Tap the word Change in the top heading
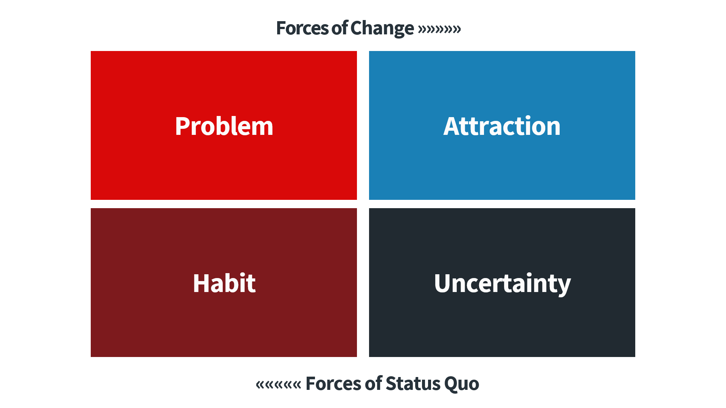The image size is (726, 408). [382, 29]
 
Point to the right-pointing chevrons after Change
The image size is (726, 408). [439, 29]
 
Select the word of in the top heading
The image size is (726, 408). [340, 28]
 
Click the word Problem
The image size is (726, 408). [224, 126]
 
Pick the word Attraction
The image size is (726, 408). [502, 126]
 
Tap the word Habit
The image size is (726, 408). [224, 283]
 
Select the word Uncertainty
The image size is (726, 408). [502, 284]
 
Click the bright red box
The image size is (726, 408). [224, 125]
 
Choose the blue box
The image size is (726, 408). [502, 125]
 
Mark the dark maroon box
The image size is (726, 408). [224, 283]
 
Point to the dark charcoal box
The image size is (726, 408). [502, 283]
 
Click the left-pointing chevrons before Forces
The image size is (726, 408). [279, 385]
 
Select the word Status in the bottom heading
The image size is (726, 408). [413, 383]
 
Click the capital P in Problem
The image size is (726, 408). [182, 126]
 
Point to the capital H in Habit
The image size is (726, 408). [201, 283]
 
